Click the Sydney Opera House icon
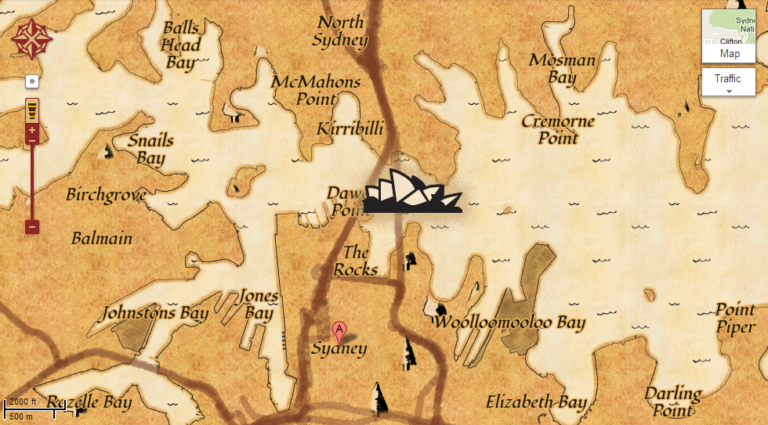[x=412, y=191]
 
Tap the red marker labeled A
[x=339, y=330]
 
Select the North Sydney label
[x=341, y=31]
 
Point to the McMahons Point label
[x=316, y=90]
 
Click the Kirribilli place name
[x=348, y=129]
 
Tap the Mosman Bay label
[x=562, y=68]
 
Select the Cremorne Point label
[x=558, y=129]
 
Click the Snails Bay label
[x=150, y=149]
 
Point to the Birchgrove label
[x=107, y=195]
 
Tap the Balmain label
[x=102, y=238]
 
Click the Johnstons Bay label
[x=155, y=314]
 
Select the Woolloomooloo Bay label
[x=509, y=322]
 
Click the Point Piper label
[x=735, y=318]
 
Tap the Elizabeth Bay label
[x=536, y=402]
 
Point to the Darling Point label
[x=673, y=401]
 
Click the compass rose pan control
[x=31, y=39]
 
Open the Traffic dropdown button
[x=728, y=82]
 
